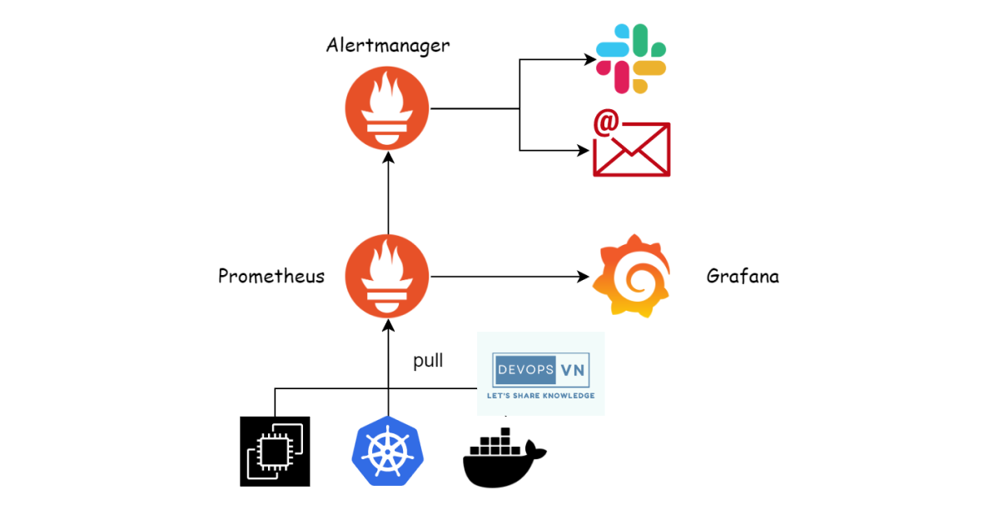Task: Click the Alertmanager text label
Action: pos(387,45)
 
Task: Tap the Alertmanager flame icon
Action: pos(387,109)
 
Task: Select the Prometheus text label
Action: pos(271,276)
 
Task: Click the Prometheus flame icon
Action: pos(387,276)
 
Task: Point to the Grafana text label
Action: pos(743,276)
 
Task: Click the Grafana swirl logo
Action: pos(631,276)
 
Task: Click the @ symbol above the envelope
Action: pos(605,122)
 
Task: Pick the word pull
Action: pos(428,361)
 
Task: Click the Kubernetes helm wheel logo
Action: pos(388,451)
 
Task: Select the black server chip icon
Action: pos(275,451)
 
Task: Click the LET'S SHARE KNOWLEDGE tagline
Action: pos(541,395)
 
